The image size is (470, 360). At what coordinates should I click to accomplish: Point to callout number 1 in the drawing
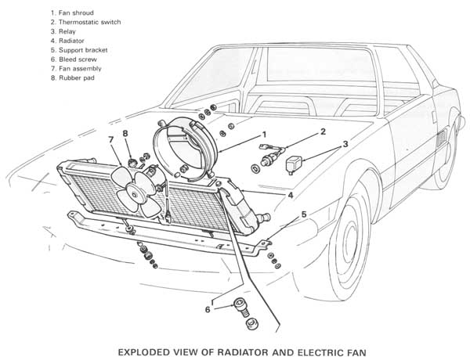[265, 134]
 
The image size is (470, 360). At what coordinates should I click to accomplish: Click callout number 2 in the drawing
[321, 133]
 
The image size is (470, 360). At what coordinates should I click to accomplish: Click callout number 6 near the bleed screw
[208, 309]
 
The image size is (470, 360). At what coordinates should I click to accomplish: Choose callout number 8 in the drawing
[125, 135]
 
